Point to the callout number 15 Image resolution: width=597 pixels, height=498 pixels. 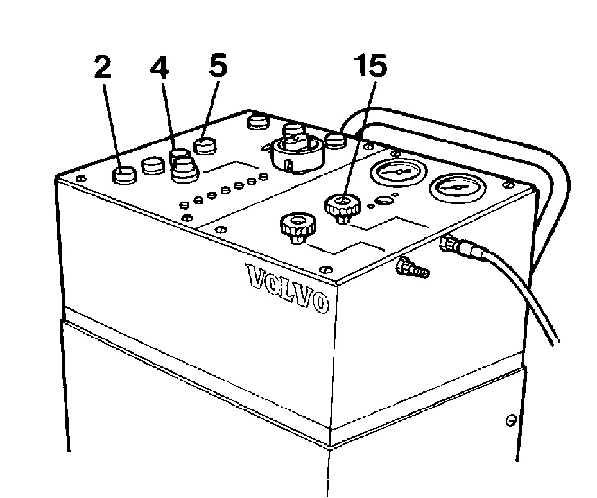370,65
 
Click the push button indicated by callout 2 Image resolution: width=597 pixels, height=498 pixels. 124,175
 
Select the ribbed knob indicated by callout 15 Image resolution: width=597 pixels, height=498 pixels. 343,207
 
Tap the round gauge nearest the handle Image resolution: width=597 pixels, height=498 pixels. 398,170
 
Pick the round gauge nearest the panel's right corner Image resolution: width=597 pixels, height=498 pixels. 458,187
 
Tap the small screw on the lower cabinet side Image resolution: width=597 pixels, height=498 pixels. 510,420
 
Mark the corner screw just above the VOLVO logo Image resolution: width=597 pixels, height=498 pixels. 325,270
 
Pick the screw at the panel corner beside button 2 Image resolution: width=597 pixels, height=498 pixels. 80,178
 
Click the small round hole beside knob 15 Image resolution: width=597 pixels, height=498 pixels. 382,200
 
